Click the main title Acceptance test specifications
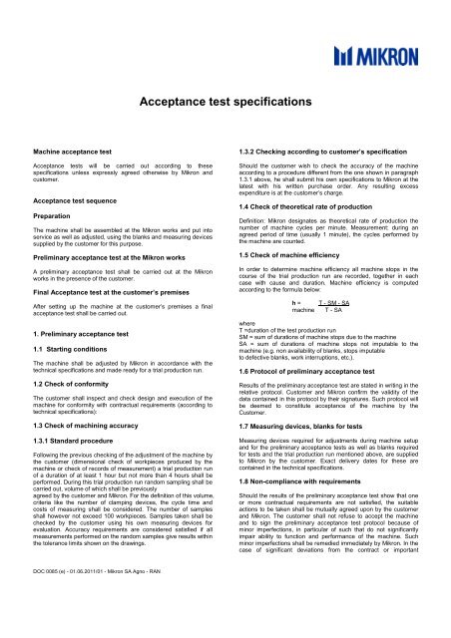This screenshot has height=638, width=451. click(225, 101)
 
